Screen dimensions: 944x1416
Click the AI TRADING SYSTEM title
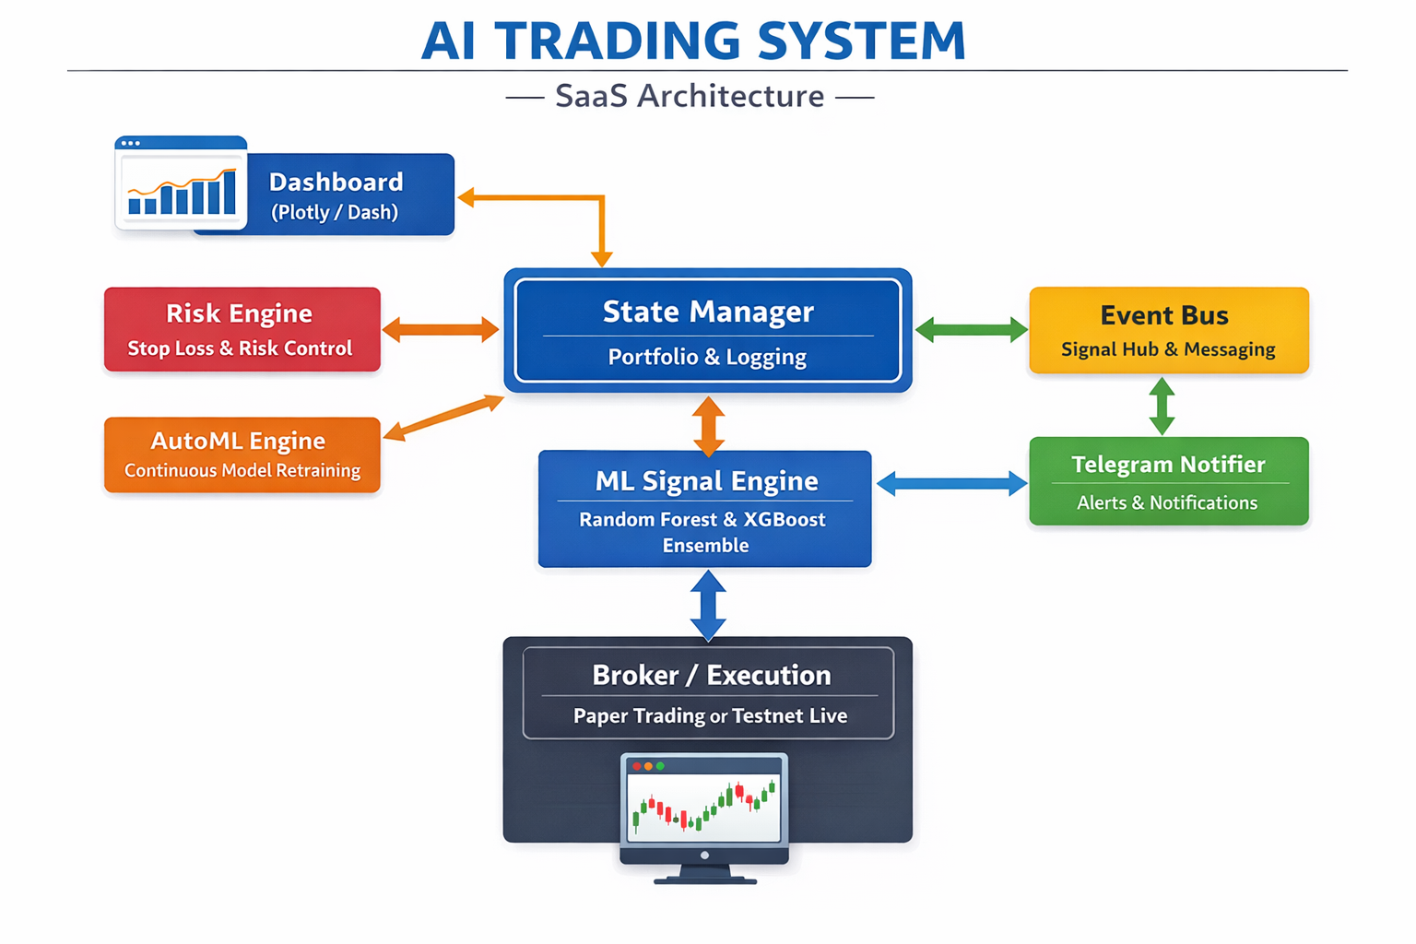tap(693, 41)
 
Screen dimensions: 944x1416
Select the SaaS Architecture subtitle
tap(690, 96)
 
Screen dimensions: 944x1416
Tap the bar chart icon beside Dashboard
tap(182, 184)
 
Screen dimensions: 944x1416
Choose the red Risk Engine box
tap(242, 329)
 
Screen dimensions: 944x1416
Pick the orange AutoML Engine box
tap(242, 454)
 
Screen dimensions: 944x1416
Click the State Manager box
tap(707, 330)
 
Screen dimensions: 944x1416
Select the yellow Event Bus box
tap(1168, 330)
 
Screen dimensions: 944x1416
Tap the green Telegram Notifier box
tap(1168, 481)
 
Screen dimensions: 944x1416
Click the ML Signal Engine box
tap(705, 509)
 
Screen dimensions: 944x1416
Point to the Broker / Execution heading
tap(711, 675)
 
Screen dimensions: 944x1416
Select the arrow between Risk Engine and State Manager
tap(441, 329)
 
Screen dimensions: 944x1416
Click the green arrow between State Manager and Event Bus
tap(971, 330)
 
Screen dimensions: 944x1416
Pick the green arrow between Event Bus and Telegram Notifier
tap(1162, 406)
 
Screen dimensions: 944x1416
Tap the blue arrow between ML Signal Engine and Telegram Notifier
tap(951, 483)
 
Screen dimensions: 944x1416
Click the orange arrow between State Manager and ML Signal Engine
tap(708, 426)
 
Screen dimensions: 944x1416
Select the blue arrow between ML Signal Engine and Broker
tap(708, 605)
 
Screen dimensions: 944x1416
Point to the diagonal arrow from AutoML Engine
tap(443, 417)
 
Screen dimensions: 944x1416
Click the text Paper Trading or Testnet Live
tap(710, 716)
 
